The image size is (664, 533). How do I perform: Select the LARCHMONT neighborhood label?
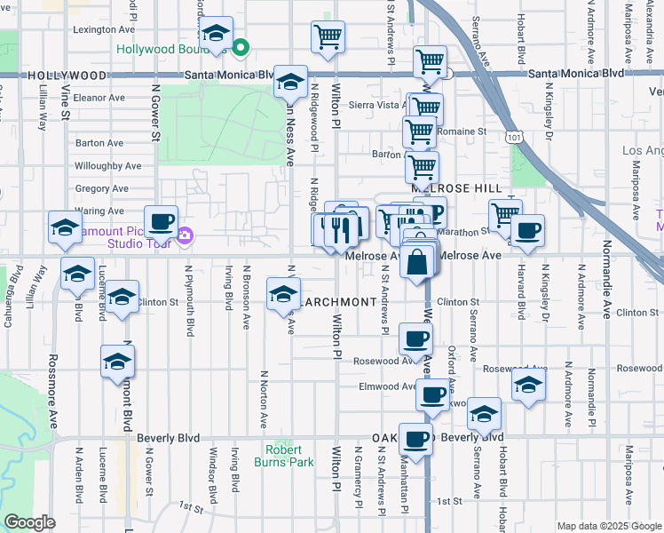337,302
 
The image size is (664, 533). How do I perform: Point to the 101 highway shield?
514,137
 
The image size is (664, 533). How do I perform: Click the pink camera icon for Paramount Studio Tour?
185,236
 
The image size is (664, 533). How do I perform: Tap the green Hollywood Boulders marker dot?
240,47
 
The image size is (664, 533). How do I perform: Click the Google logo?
29,522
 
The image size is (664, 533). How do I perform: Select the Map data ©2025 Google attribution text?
607,526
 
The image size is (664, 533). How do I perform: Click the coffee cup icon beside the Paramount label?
161,221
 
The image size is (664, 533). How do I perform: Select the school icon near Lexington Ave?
215,34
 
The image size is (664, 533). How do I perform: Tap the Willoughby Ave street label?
108,165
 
